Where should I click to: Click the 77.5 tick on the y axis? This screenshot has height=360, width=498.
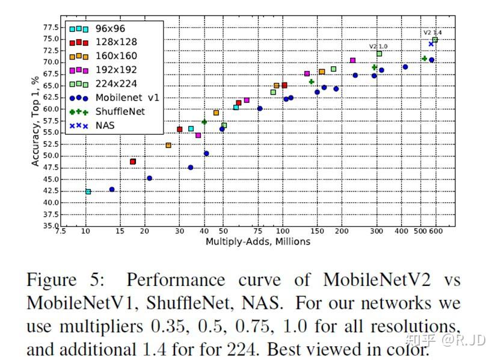(50, 28)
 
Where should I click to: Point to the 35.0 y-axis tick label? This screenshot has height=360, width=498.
(50, 226)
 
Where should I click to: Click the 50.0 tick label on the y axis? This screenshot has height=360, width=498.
(50, 156)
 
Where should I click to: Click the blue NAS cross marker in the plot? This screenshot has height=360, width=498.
(431, 44)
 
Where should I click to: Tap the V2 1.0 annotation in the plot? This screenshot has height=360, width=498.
(378, 46)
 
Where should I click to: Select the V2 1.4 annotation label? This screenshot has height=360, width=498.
(432, 33)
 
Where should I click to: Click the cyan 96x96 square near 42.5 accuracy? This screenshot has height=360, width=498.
(88, 191)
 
